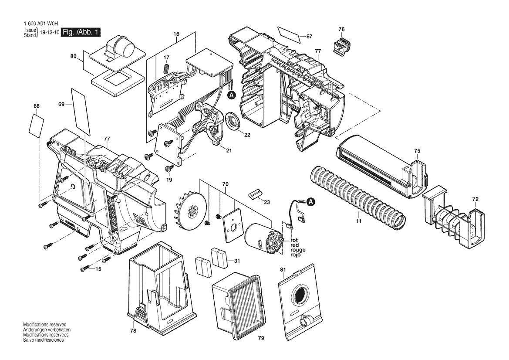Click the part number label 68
pyautogui.click(x=36, y=106)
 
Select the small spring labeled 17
pyautogui.click(x=165, y=69)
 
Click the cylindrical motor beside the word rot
pyautogui.click(x=262, y=237)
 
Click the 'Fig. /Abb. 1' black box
pyautogui.click(x=81, y=32)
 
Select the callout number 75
pyautogui.click(x=417, y=151)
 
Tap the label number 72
pyautogui.click(x=475, y=199)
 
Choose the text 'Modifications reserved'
pyautogui.click(x=45, y=325)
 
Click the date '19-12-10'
pyautogui.click(x=49, y=33)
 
